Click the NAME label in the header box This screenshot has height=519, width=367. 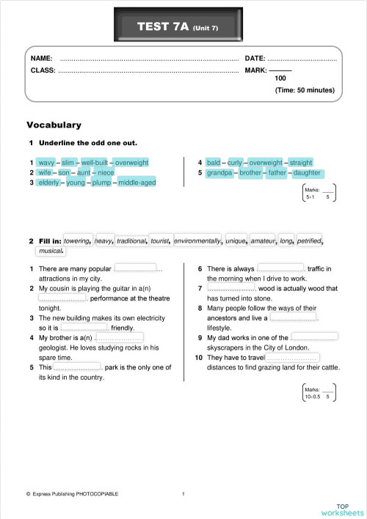point(41,58)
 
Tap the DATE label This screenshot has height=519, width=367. point(255,58)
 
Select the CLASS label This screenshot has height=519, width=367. point(43,70)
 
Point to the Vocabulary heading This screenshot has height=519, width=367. point(54,125)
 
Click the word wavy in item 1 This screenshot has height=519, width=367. point(46,163)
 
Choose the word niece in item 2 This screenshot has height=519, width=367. point(106,173)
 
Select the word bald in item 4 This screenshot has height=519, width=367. point(214,163)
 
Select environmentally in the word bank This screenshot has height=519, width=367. point(197,240)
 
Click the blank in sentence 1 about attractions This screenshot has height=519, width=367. point(136,269)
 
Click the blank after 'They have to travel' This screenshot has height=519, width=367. point(292,357)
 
